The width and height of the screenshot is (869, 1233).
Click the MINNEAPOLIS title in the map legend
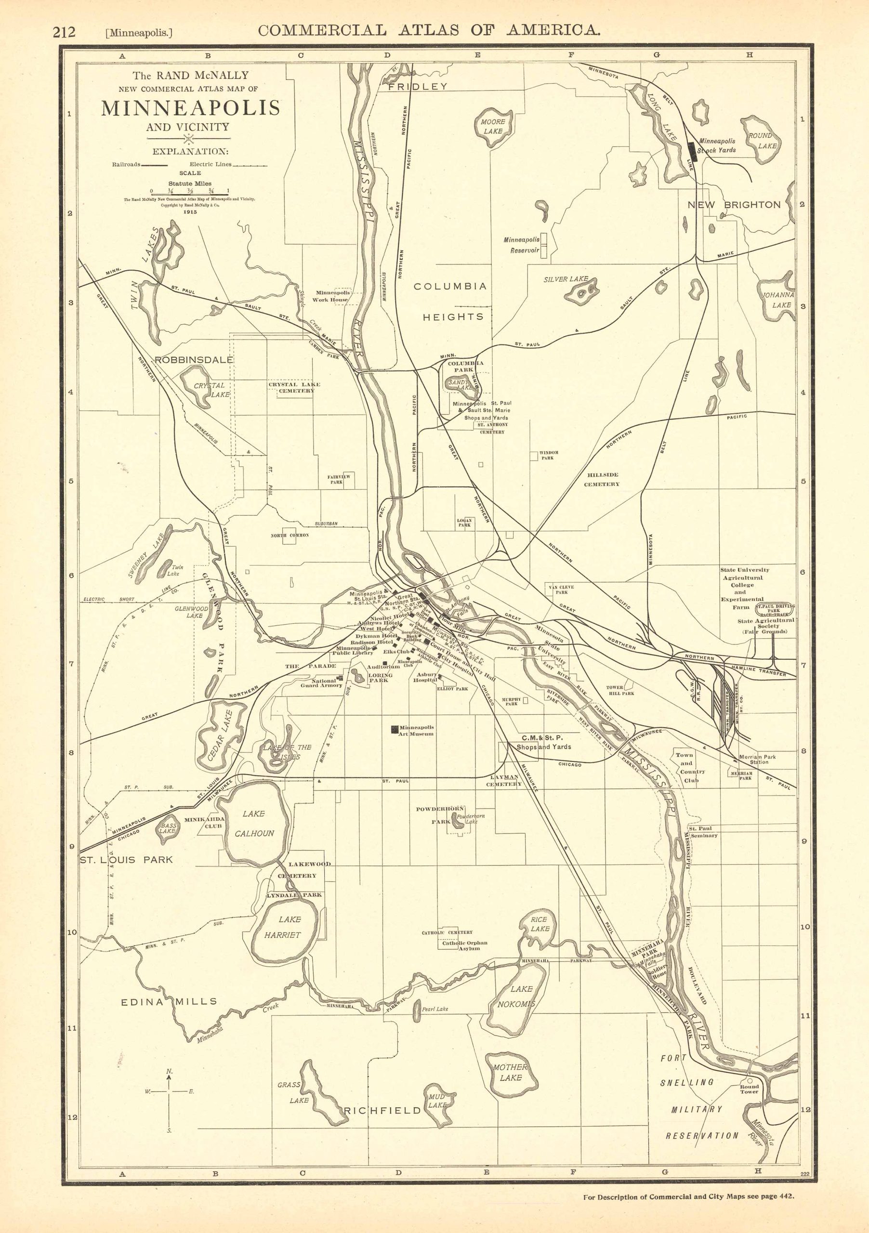(x=191, y=108)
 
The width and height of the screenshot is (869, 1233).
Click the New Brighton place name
(x=734, y=205)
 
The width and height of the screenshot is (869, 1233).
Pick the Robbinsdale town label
(x=194, y=359)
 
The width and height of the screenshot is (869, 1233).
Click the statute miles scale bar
(x=190, y=195)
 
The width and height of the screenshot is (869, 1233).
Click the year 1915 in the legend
(x=190, y=211)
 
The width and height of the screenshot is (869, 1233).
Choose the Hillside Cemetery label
(x=602, y=479)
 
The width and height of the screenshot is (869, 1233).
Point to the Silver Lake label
(x=566, y=279)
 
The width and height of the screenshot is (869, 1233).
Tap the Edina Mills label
(x=169, y=1001)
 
